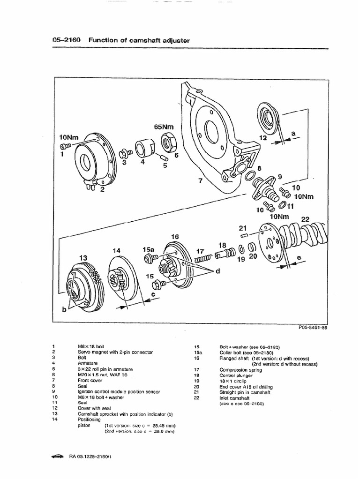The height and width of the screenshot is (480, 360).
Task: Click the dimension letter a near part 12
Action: pos(293,134)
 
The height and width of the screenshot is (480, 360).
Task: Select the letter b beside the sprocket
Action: pos(64,310)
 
